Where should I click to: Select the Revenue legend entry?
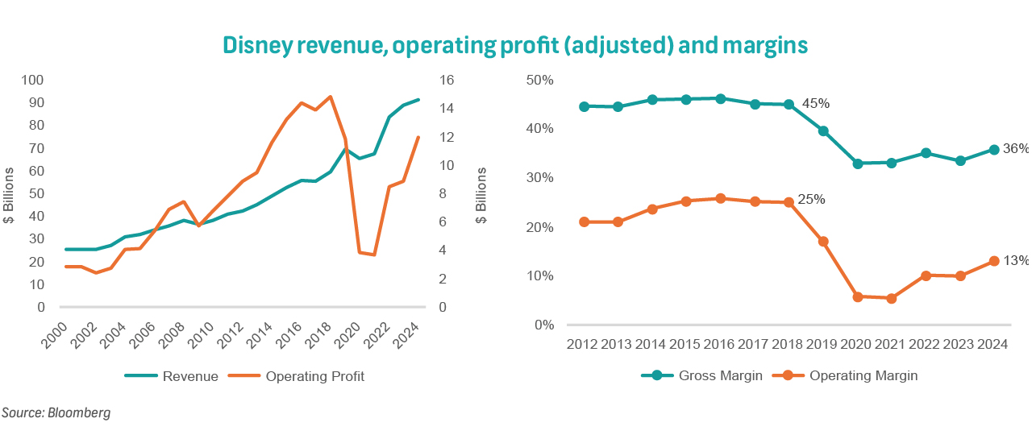[x=190, y=376]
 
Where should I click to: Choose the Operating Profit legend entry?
[x=314, y=376]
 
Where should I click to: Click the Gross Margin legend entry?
[x=721, y=375]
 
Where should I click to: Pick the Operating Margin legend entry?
[x=863, y=375]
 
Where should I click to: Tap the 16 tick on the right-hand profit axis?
[x=445, y=81]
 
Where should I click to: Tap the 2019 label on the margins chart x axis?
[x=823, y=344]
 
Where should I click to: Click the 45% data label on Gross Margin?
[x=815, y=103]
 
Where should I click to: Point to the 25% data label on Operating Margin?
[x=810, y=200]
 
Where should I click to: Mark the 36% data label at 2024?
[x=1016, y=148]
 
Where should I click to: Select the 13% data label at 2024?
[x=1016, y=260]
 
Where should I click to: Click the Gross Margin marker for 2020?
[x=858, y=164]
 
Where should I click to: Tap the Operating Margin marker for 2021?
[x=892, y=298]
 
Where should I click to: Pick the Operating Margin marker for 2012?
[x=585, y=222]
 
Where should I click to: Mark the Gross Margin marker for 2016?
[x=721, y=98]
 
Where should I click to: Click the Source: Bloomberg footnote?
[x=56, y=413]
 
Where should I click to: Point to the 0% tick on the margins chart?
[x=545, y=325]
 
